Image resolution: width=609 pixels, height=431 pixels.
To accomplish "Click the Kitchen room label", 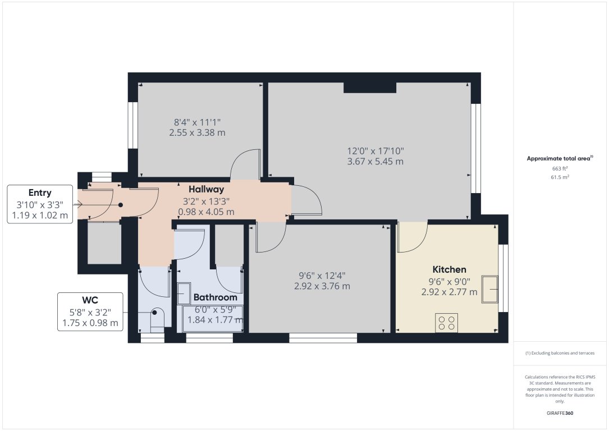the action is pyautogui.click(x=449, y=269).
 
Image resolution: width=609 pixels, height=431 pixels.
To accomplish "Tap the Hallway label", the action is pyautogui.click(x=206, y=190).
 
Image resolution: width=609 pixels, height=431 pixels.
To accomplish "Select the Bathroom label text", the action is pyautogui.click(x=215, y=297).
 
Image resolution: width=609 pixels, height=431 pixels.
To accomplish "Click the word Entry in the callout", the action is pyautogui.click(x=40, y=193).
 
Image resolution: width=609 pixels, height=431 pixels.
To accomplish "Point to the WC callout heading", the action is pyautogui.click(x=90, y=300).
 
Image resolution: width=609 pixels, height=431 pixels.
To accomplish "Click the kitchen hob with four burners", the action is pyautogui.click(x=446, y=323).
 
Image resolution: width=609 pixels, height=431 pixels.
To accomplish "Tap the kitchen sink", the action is pyautogui.click(x=490, y=289).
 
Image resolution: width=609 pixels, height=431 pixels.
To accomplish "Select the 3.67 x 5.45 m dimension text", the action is pyautogui.click(x=375, y=162).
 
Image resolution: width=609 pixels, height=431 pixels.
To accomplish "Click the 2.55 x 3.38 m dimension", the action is pyautogui.click(x=198, y=133).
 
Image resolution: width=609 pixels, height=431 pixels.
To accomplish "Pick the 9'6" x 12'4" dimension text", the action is pyautogui.click(x=322, y=276).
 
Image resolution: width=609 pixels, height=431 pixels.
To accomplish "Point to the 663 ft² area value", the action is pyautogui.click(x=560, y=168).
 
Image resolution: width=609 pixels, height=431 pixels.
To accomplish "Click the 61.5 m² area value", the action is pyautogui.click(x=560, y=177).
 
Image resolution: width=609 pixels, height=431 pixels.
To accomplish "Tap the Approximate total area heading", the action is pyautogui.click(x=560, y=158).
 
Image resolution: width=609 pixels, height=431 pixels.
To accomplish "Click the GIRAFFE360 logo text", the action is pyautogui.click(x=560, y=413).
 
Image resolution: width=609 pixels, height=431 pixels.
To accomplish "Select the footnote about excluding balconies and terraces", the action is pyautogui.click(x=560, y=353).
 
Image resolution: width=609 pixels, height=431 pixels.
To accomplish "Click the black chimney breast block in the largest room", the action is pyautogui.click(x=370, y=88).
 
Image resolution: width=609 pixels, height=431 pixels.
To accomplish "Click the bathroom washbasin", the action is pyautogui.click(x=184, y=294).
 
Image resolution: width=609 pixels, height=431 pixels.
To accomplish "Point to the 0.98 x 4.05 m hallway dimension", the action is pyautogui.click(x=206, y=212).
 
